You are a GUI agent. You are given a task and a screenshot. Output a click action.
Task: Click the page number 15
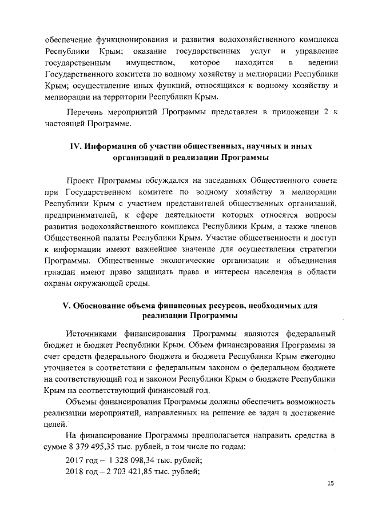330,484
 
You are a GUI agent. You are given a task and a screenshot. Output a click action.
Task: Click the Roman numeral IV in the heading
75,146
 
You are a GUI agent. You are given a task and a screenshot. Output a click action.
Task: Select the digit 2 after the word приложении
325,111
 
